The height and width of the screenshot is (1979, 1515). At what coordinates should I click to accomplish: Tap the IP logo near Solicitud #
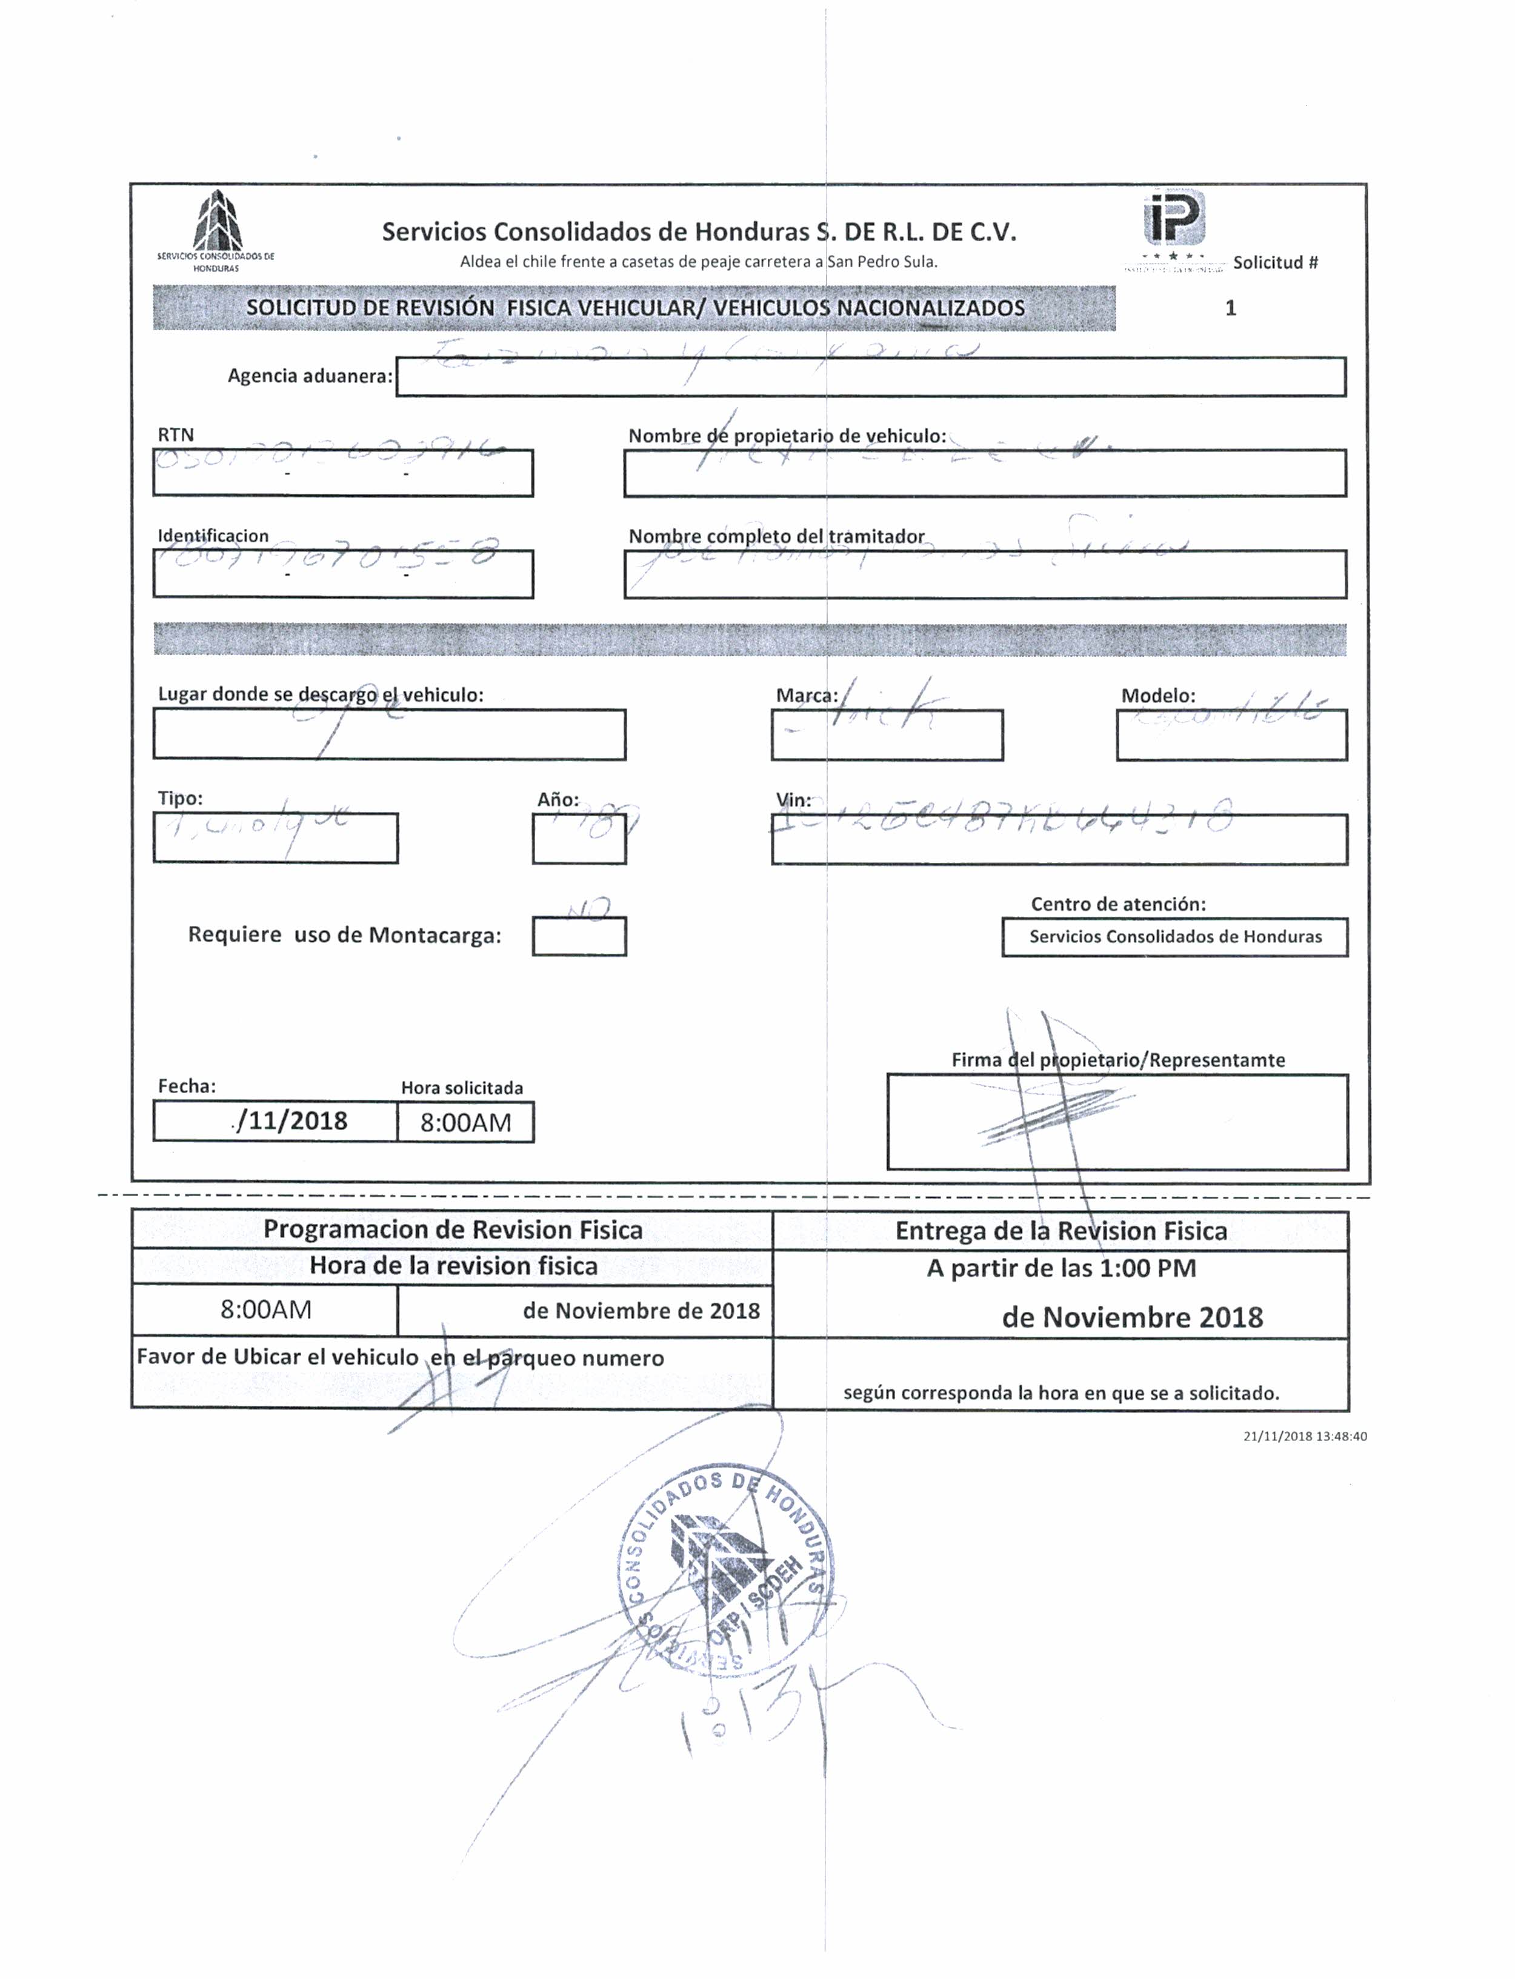click(x=1174, y=218)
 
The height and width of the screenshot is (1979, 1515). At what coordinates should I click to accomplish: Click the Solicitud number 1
click(x=1230, y=308)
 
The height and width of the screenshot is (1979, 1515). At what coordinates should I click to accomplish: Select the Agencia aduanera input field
click(x=870, y=377)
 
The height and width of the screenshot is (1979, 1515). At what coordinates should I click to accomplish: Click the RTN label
click(x=176, y=434)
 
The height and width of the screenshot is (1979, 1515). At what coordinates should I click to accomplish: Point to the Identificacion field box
click(x=342, y=573)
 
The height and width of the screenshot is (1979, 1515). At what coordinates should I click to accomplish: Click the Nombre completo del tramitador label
click(x=776, y=536)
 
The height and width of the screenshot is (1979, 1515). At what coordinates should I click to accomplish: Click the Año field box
click(x=579, y=839)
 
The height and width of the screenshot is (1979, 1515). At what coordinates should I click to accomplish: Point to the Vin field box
click(x=1060, y=839)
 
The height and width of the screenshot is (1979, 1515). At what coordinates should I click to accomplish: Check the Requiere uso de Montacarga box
click(x=579, y=936)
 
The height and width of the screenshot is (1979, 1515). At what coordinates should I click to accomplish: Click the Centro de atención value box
click(x=1175, y=937)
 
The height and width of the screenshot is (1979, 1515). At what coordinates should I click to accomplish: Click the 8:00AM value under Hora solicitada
click(x=465, y=1122)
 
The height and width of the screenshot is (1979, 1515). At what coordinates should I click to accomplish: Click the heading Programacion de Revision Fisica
click(x=453, y=1230)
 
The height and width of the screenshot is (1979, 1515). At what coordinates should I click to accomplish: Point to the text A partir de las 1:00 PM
click(x=1061, y=1269)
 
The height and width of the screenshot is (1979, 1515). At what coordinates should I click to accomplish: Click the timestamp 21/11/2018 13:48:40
click(x=1304, y=1436)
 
